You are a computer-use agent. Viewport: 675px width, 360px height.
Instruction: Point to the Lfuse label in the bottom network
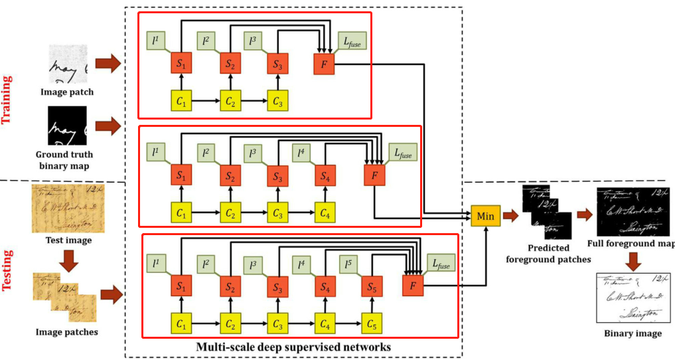[439, 265]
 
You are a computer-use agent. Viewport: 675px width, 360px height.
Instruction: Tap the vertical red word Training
[8, 100]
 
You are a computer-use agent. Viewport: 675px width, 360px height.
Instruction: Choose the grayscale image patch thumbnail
[68, 65]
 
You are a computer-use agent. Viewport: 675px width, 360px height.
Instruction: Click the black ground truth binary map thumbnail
[68, 126]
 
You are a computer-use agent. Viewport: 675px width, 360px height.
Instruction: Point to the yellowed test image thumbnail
[64, 209]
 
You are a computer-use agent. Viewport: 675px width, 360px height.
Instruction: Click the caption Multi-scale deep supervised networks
[293, 347]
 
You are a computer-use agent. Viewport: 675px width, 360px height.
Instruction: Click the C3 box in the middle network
[277, 214]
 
